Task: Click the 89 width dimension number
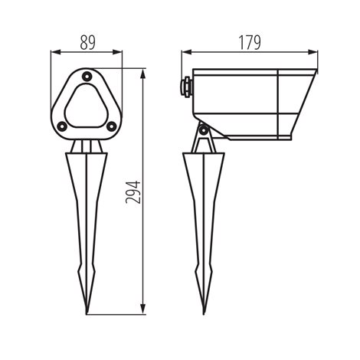[87, 42]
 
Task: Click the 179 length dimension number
[250, 42]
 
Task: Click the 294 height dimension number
[133, 192]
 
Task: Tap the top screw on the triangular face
[87, 76]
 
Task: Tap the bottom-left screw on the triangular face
[62, 126]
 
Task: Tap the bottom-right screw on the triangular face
[111, 126]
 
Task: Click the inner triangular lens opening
[87, 106]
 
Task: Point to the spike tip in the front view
[87, 314]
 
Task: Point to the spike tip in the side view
[204, 314]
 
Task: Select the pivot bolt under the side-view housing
[204, 130]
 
